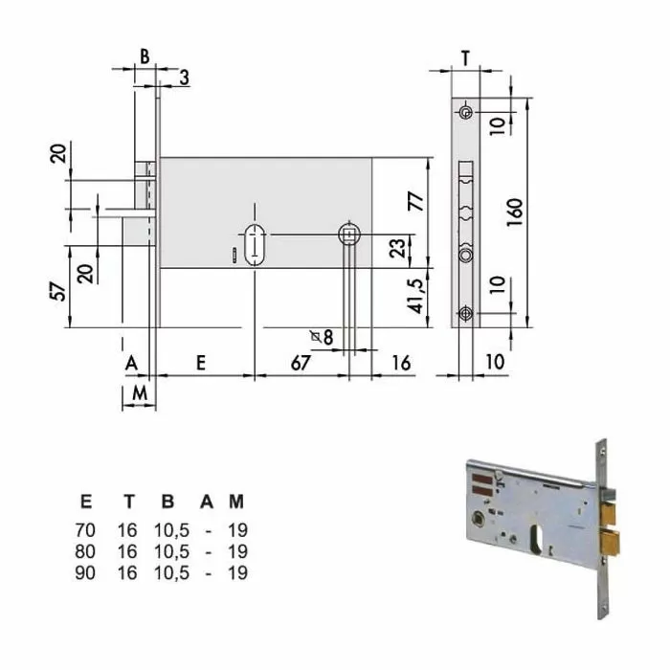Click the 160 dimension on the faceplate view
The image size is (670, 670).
coord(514,211)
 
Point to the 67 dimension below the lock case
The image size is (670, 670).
coord(301,362)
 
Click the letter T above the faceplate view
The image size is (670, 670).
coord(464,57)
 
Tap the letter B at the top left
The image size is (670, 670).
coord(145,56)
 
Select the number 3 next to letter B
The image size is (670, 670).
coord(182,78)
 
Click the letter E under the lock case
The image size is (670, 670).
coord(200,362)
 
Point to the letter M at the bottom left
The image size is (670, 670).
coord(138,392)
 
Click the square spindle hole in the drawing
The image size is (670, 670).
coord(350,234)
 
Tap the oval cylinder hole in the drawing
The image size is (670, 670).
coord(255,245)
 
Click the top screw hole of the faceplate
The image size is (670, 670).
coord(465,113)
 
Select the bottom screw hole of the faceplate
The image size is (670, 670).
coord(465,312)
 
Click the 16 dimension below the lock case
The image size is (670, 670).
coord(402,362)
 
